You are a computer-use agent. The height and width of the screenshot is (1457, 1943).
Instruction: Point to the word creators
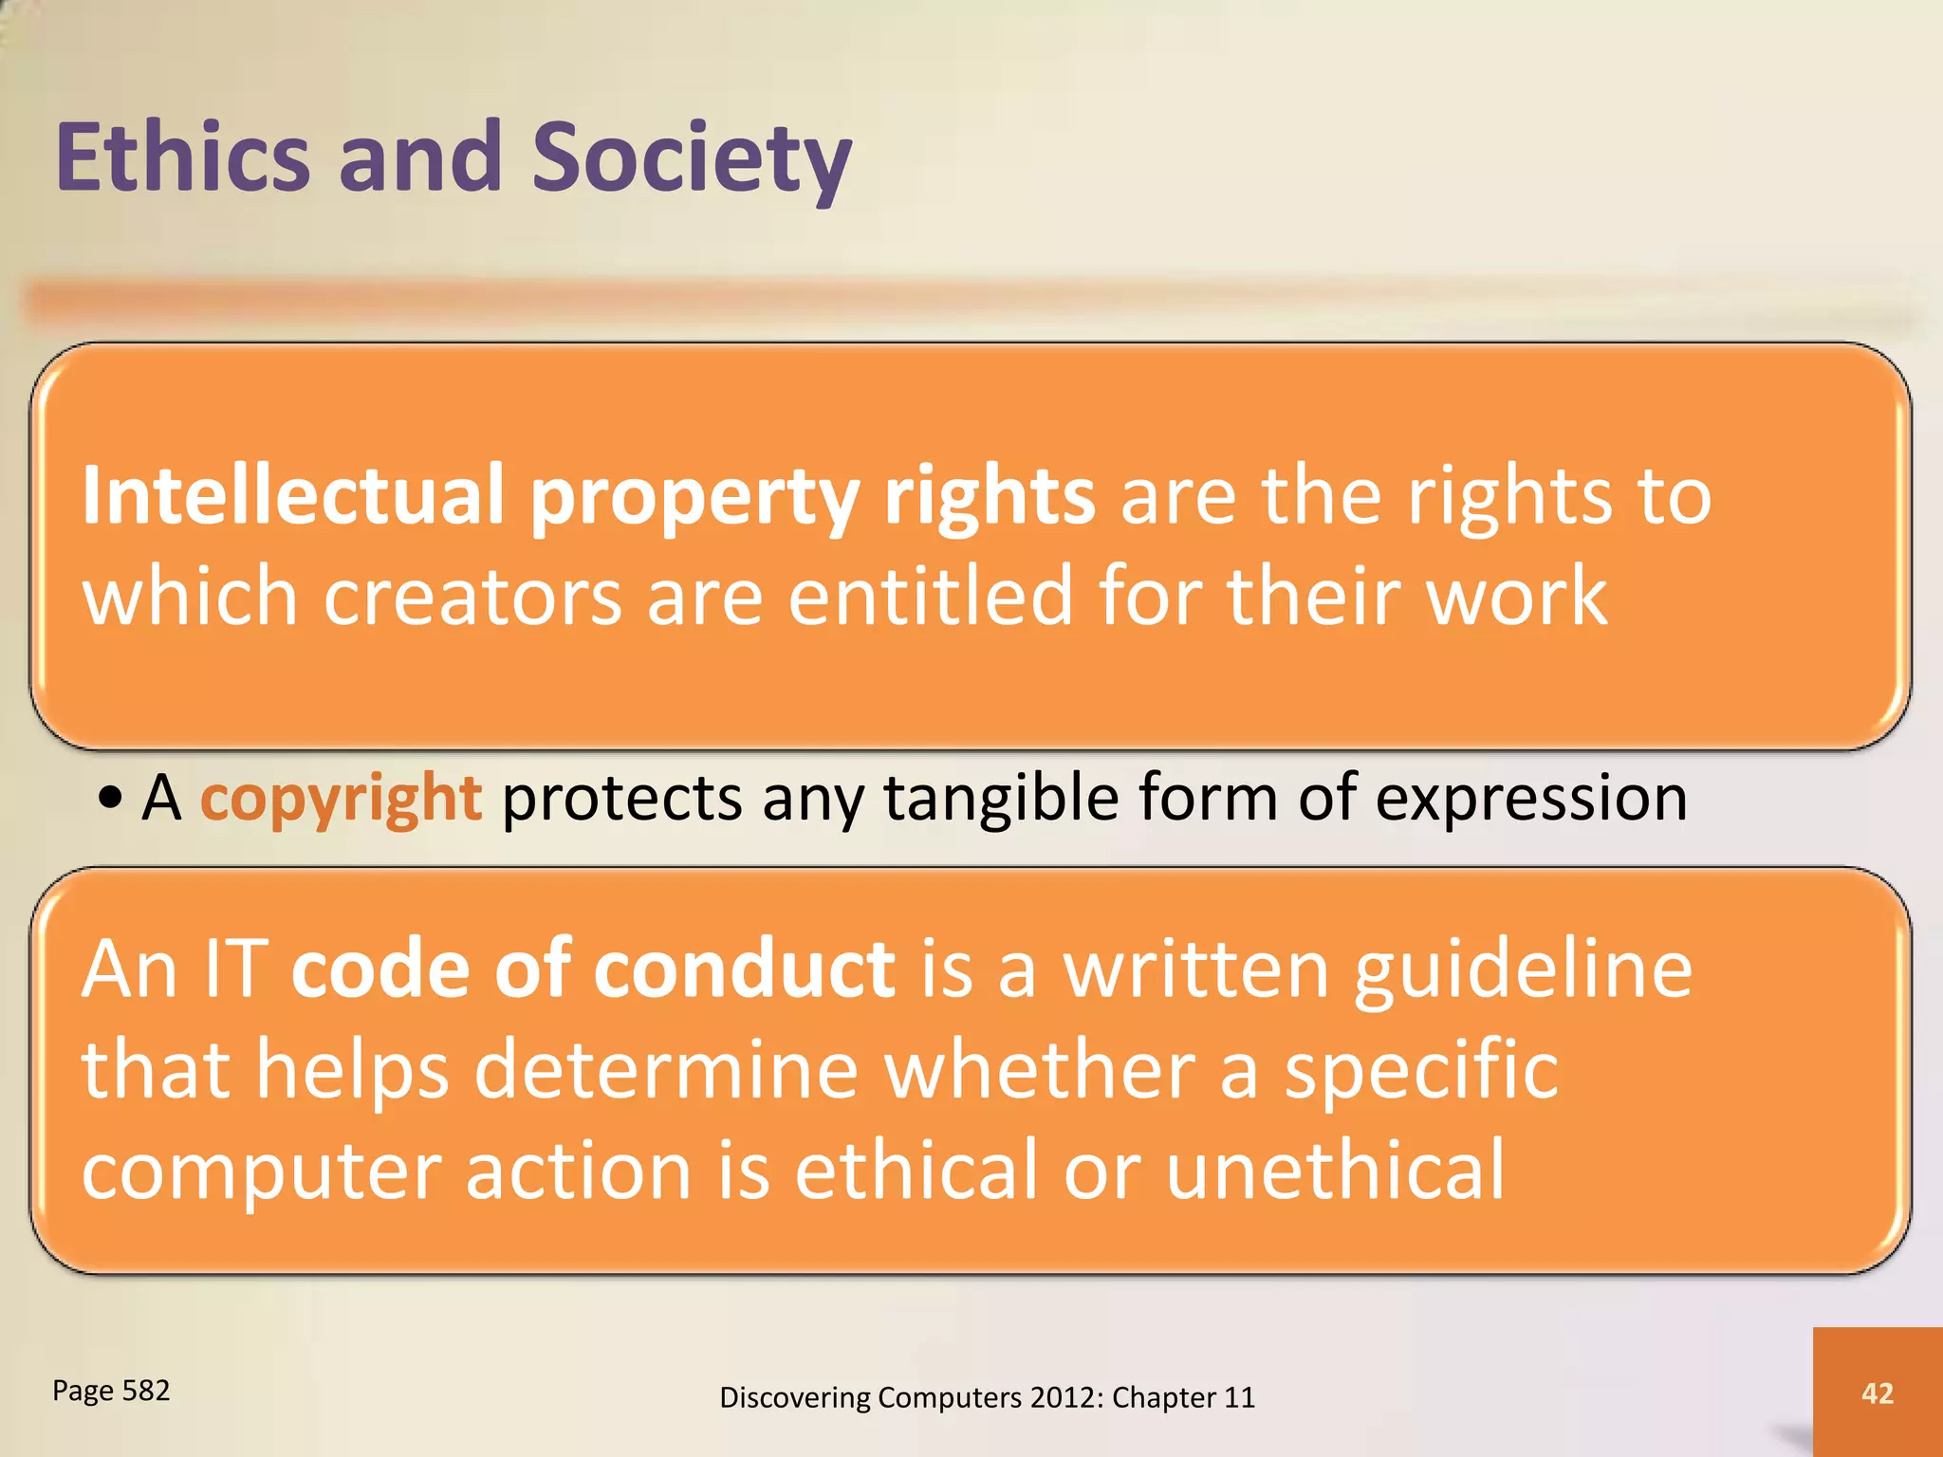472,596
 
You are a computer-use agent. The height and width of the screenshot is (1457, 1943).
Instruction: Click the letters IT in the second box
235,968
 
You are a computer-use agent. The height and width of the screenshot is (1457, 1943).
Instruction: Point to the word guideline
1523,971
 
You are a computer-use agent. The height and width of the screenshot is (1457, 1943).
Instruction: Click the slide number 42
1878,1392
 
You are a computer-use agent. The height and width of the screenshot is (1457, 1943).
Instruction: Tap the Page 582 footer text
111,1391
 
